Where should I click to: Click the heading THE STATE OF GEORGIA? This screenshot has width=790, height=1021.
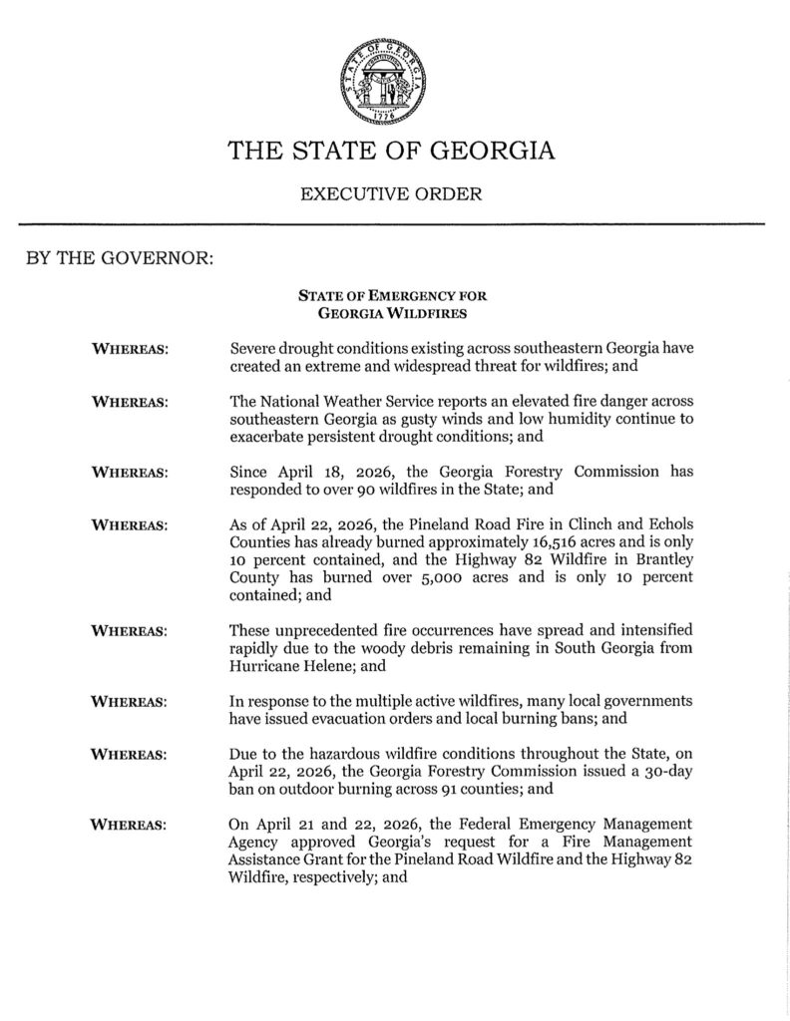click(x=390, y=152)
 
